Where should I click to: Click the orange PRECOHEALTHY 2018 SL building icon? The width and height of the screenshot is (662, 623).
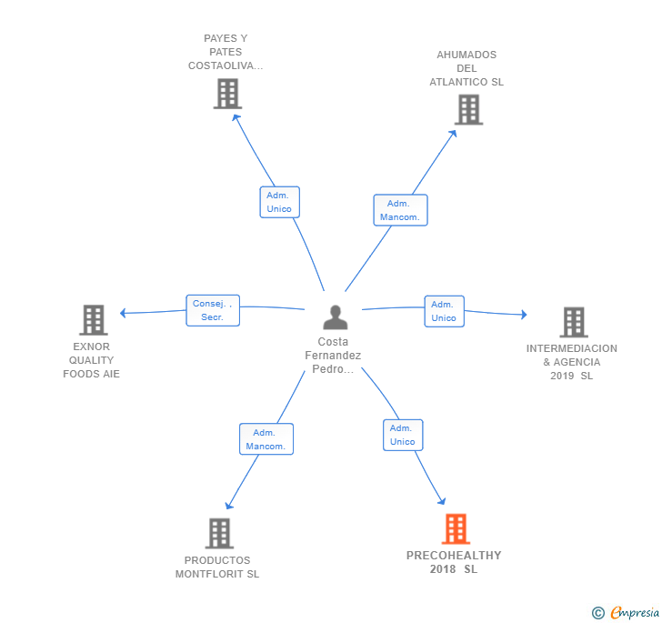pyautogui.click(x=456, y=528)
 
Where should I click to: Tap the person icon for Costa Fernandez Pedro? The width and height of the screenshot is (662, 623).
pyautogui.click(x=336, y=317)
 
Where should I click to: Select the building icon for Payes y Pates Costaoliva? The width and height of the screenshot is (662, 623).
pyautogui.click(x=227, y=94)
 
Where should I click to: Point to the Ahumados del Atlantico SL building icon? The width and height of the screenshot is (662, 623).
pyautogui.click(x=468, y=110)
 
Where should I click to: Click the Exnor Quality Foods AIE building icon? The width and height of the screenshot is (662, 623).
pyautogui.click(x=94, y=320)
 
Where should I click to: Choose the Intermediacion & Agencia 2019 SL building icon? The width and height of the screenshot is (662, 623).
pyautogui.click(x=574, y=322)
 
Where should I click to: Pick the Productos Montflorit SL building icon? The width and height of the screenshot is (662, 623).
pyautogui.click(x=219, y=534)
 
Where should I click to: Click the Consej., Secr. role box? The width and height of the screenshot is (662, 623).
pyautogui.click(x=213, y=310)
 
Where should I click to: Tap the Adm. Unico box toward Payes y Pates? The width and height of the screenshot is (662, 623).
pyautogui.click(x=279, y=202)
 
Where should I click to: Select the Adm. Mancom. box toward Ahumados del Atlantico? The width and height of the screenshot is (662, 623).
pyautogui.click(x=400, y=210)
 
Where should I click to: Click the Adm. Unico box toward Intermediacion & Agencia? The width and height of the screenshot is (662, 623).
pyautogui.click(x=444, y=311)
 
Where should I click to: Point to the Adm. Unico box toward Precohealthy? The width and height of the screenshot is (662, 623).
pyautogui.click(x=403, y=435)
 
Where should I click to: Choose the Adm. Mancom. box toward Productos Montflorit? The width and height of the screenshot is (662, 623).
pyautogui.click(x=266, y=439)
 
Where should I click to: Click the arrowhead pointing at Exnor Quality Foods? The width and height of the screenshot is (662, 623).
pyautogui.click(x=123, y=313)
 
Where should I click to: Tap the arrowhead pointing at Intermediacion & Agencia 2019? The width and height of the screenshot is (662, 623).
pyautogui.click(x=524, y=315)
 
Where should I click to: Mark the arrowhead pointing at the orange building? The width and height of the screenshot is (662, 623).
pyautogui.click(x=442, y=501)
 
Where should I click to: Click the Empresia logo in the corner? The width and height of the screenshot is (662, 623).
pyautogui.click(x=626, y=612)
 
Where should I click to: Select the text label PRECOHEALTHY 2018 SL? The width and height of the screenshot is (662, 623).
pyautogui.click(x=454, y=562)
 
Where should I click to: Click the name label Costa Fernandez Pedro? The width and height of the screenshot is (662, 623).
pyautogui.click(x=333, y=356)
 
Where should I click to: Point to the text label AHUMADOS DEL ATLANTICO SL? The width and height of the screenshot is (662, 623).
pyautogui.click(x=466, y=68)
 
